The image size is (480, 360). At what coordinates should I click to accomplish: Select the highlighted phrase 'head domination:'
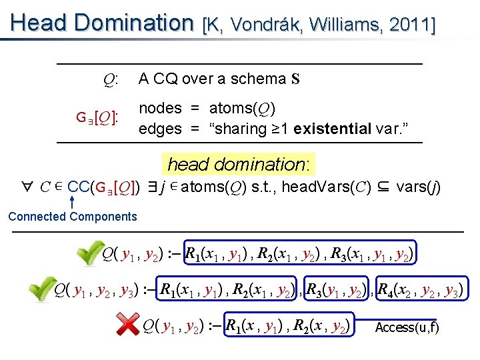coord(242,164)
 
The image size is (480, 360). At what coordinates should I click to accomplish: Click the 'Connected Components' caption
coord(72,216)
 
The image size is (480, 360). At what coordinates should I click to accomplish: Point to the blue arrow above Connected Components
coord(71,201)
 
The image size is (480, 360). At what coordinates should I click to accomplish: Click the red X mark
coord(127,325)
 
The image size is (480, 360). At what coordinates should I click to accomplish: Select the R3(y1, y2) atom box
coord(339,290)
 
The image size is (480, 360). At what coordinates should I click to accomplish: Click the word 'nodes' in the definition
coord(160,108)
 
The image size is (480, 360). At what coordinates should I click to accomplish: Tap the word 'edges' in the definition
coord(160,128)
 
